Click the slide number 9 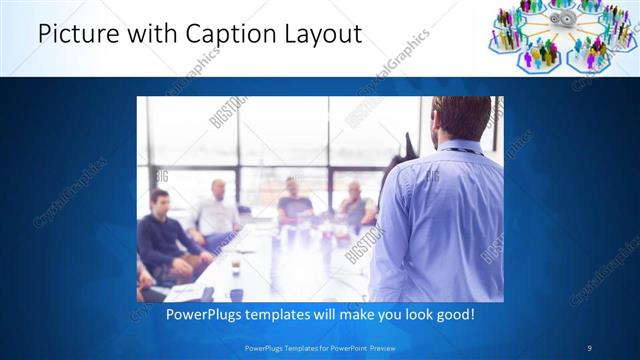[x=588, y=348]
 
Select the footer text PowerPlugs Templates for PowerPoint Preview [x=319, y=348]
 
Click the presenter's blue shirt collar [x=459, y=151]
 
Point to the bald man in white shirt [x=217, y=210]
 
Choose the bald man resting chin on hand [x=356, y=205]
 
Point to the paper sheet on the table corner [x=185, y=292]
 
